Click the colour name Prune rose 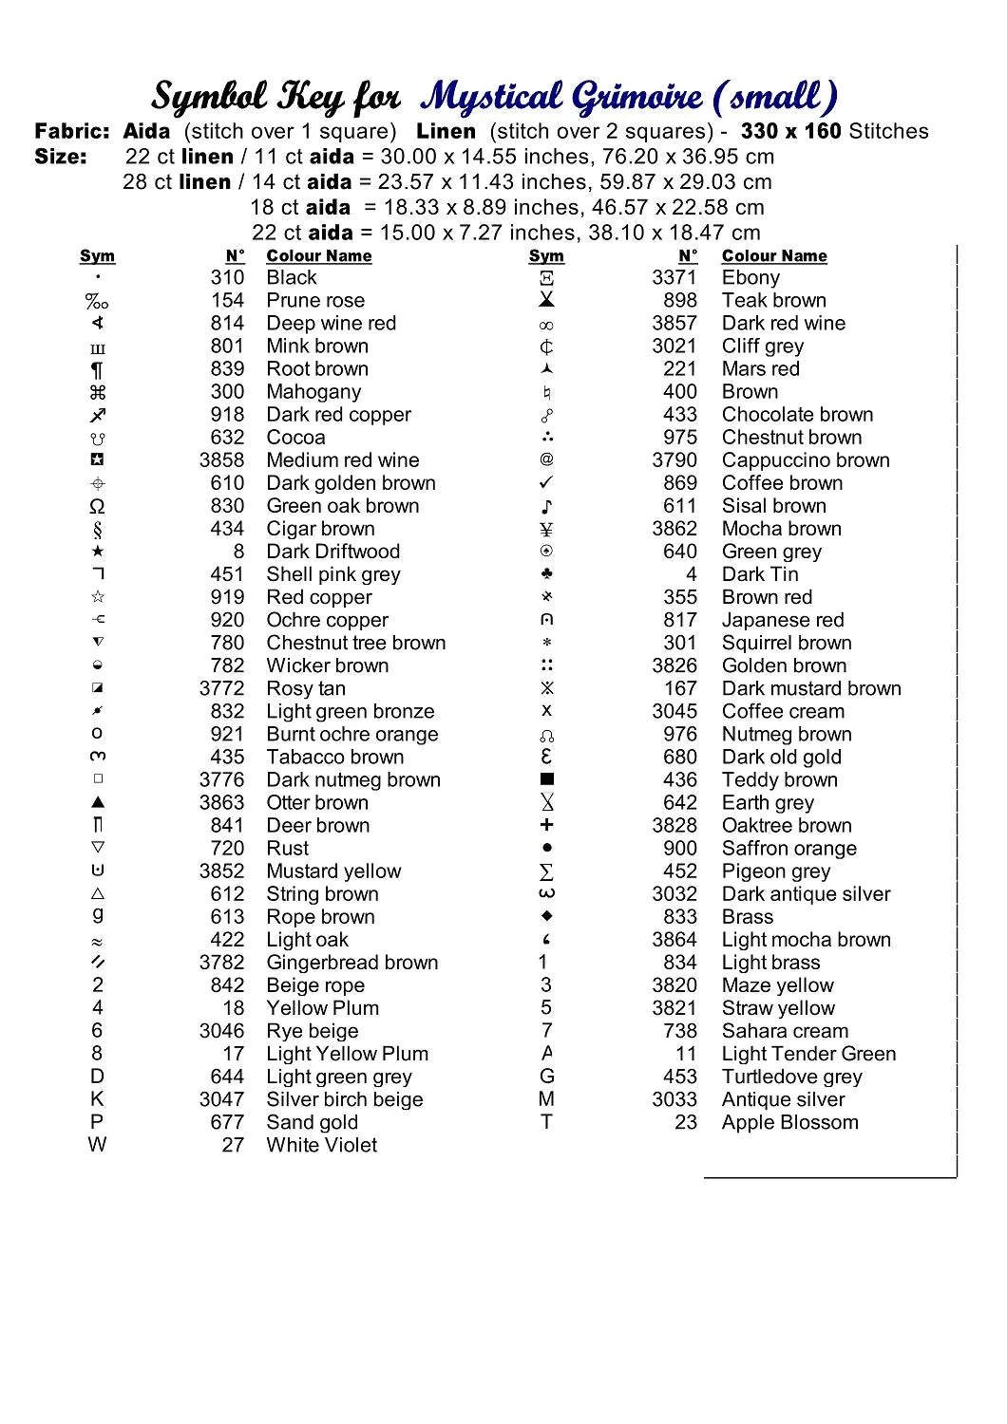click(x=315, y=301)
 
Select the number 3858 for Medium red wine click(x=221, y=460)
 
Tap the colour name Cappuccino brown click(x=806, y=460)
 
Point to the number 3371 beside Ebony click(x=674, y=278)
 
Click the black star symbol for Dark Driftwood click(x=98, y=552)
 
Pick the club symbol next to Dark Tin click(x=546, y=574)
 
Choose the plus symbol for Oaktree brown click(x=546, y=825)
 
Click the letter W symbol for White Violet click(x=97, y=1145)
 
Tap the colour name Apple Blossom click(x=789, y=1122)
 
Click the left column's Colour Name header click(x=319, y=256)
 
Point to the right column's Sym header click(x=546, y=256)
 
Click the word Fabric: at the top click(x=72, y=132)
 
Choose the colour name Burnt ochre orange click(x=352, y=734)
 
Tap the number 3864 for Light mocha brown click(x=674, y=940)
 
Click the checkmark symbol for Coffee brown click(x=546, y=483)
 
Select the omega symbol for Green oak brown click(x=97, y=506)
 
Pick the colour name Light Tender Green click(x=808, y=1054)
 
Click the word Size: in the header click(x=61, y=158)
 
